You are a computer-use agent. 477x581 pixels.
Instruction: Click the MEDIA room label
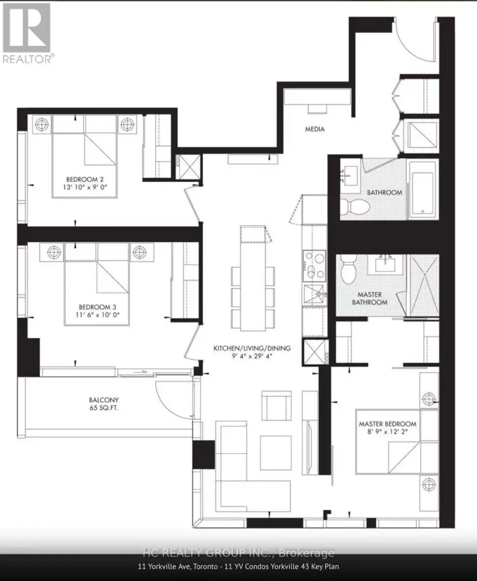315,129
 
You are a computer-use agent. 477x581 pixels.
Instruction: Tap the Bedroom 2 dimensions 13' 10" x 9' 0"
85,187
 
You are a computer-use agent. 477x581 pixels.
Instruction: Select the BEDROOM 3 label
97,307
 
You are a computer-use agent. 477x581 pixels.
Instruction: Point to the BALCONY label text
104,400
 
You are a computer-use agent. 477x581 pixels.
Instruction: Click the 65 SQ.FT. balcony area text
104,408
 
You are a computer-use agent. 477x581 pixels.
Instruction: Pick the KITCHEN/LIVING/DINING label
252,348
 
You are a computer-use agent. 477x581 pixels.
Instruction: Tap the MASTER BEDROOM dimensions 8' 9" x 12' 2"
387,432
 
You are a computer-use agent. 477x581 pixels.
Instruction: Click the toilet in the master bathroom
349,269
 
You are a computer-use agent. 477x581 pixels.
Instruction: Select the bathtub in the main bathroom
423,190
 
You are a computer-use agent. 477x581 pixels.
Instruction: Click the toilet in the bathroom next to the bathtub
354,206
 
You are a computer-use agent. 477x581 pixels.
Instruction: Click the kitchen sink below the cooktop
314,294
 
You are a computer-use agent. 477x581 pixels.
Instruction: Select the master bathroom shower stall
424,285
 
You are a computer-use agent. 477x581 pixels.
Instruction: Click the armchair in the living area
277,406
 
